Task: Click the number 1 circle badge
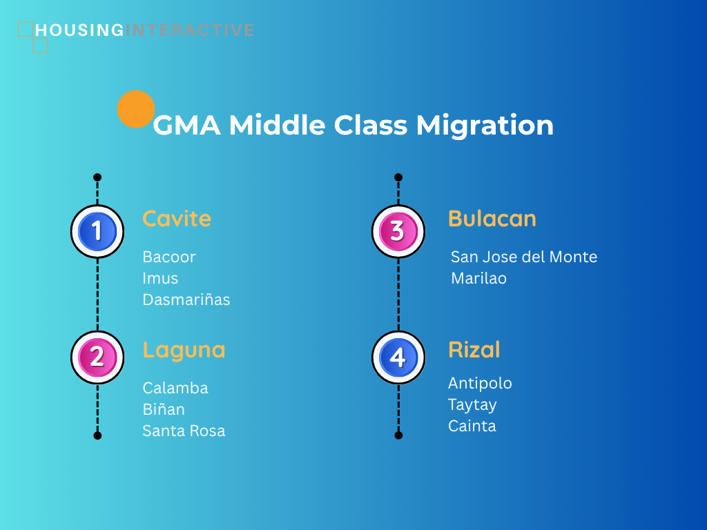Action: [x=97, y=231]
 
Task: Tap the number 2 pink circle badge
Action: [x=97, y=357]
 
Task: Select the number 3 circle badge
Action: [x=398, y=231]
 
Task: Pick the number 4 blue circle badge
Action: [x=398, y=357]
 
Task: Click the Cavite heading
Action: [x=177, y=219]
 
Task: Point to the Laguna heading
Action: [x=184, y=350]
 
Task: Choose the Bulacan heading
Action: [x=492, y=219]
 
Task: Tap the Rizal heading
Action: [x=474, y=350]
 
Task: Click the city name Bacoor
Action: [x=169, y=257]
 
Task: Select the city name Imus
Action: [x=160, y=279]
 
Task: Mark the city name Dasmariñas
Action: [x=186, y=300]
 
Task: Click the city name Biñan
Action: [x=164, y=409]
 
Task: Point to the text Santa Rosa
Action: [x=184, y=431]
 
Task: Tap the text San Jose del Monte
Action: [x=524, y=257]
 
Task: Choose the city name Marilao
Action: [x=479, y=279]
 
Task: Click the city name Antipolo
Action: [x=481, y=384]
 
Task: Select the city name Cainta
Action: [x=472, y=426]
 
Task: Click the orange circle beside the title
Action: [x=136, y=110]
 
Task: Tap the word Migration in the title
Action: [x=485, y=126]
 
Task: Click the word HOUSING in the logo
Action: [x=79, y=30]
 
